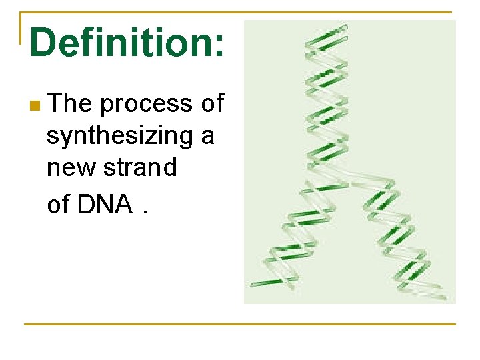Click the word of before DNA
tap(59, 205)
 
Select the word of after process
tap(212, 104)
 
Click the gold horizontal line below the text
tap(239, 324)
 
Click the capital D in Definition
tap(44, 42)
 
